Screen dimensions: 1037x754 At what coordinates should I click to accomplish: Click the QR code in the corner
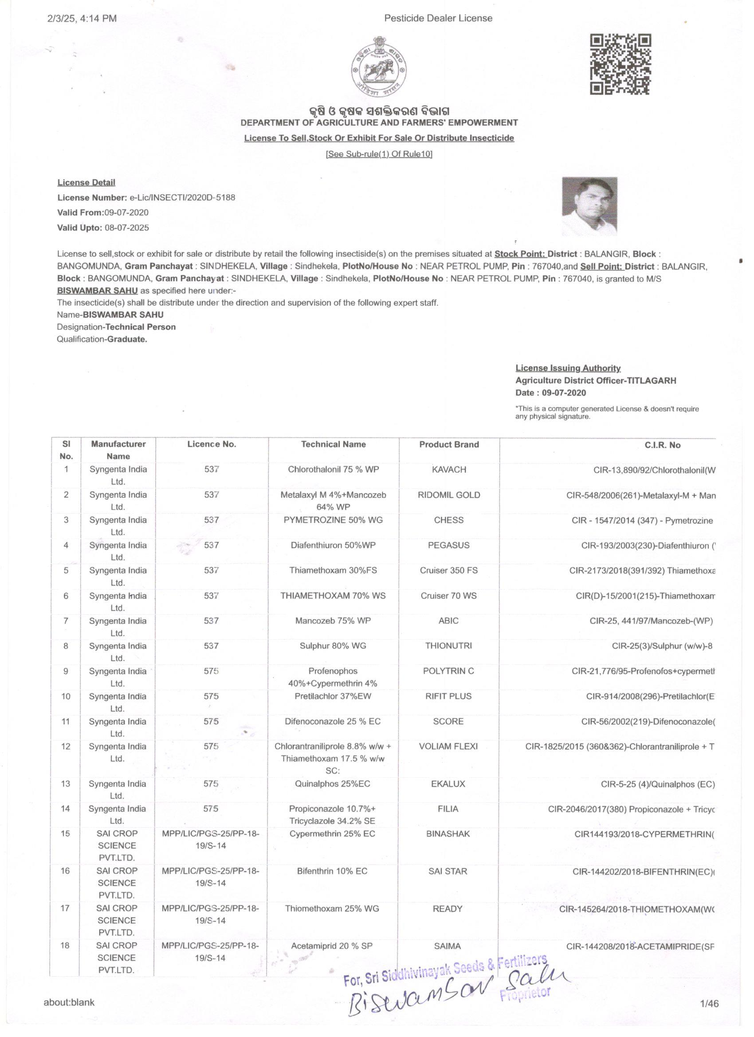click(620, 64)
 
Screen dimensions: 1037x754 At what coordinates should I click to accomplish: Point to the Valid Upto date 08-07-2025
click(127, 228)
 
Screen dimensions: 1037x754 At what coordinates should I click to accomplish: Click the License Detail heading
click(86, 182)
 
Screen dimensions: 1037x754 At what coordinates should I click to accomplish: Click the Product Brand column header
click(448, 444)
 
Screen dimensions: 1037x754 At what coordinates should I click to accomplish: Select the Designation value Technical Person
click(140, 327)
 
